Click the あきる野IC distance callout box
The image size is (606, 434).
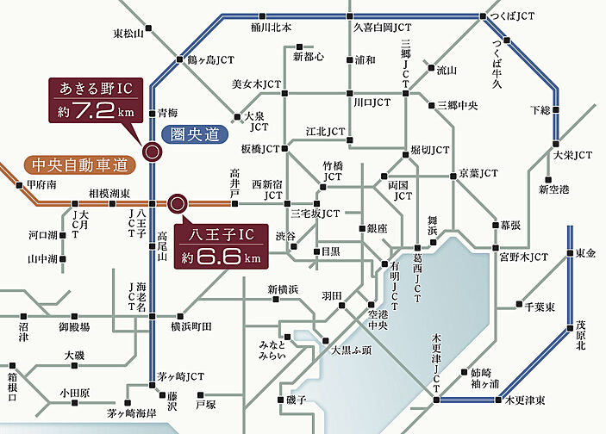point(97,101)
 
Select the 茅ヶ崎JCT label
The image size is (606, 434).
point(181,376)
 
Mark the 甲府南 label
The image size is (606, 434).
point(41,184)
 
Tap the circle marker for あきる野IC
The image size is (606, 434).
point(151,152)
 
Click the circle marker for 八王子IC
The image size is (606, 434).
point(178,204)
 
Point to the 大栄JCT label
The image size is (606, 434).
point(572,155)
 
